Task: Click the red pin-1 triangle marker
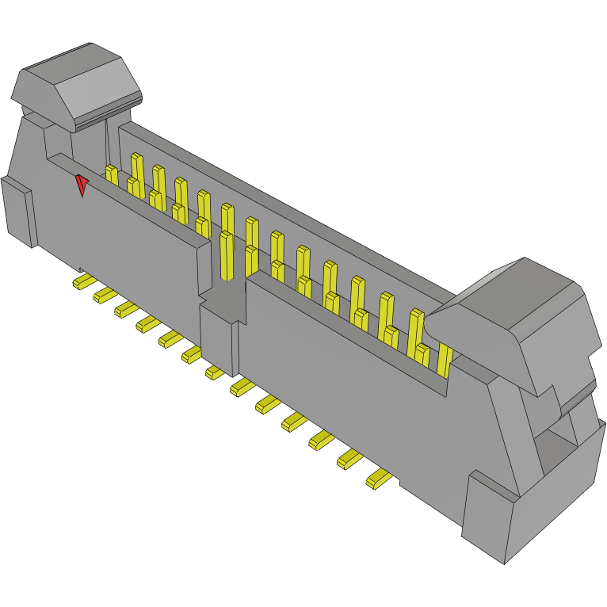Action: [x=81, y=185]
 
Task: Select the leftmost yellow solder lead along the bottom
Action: [x=82, y=281]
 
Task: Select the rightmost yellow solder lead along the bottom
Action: [x=380, y=478]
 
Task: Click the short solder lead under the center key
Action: [x=213, y=372]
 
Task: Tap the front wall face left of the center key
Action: [x=135, y=238]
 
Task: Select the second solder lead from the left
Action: [x=105, y=295]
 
